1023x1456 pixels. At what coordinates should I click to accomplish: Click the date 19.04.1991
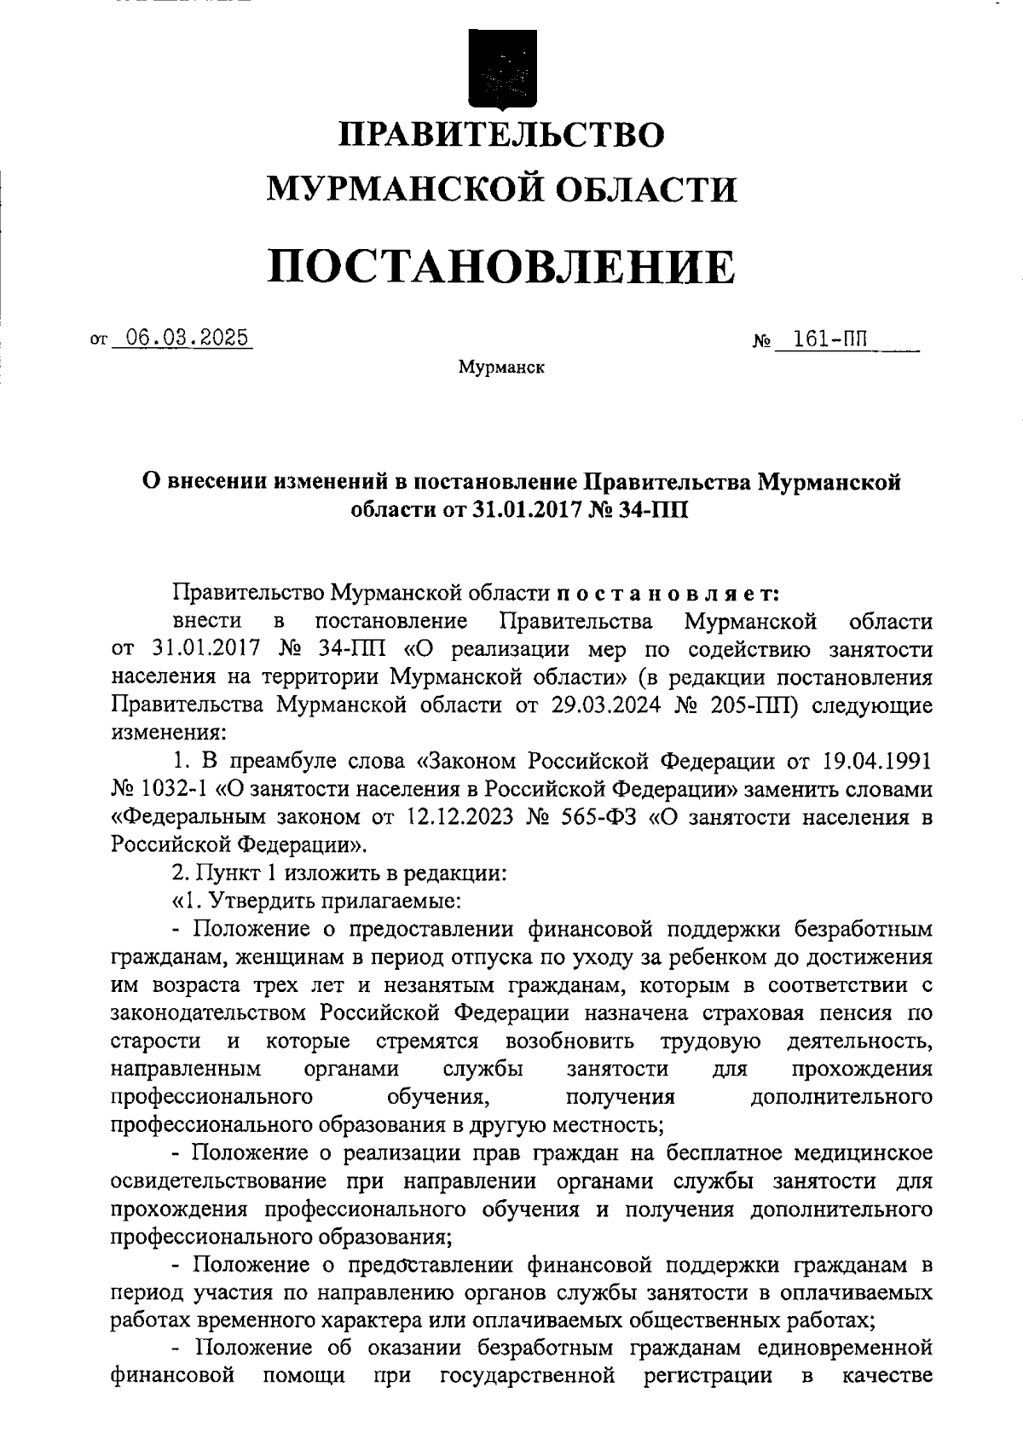(x=877, y=759)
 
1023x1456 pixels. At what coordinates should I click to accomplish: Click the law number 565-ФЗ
(x=595, y=816)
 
